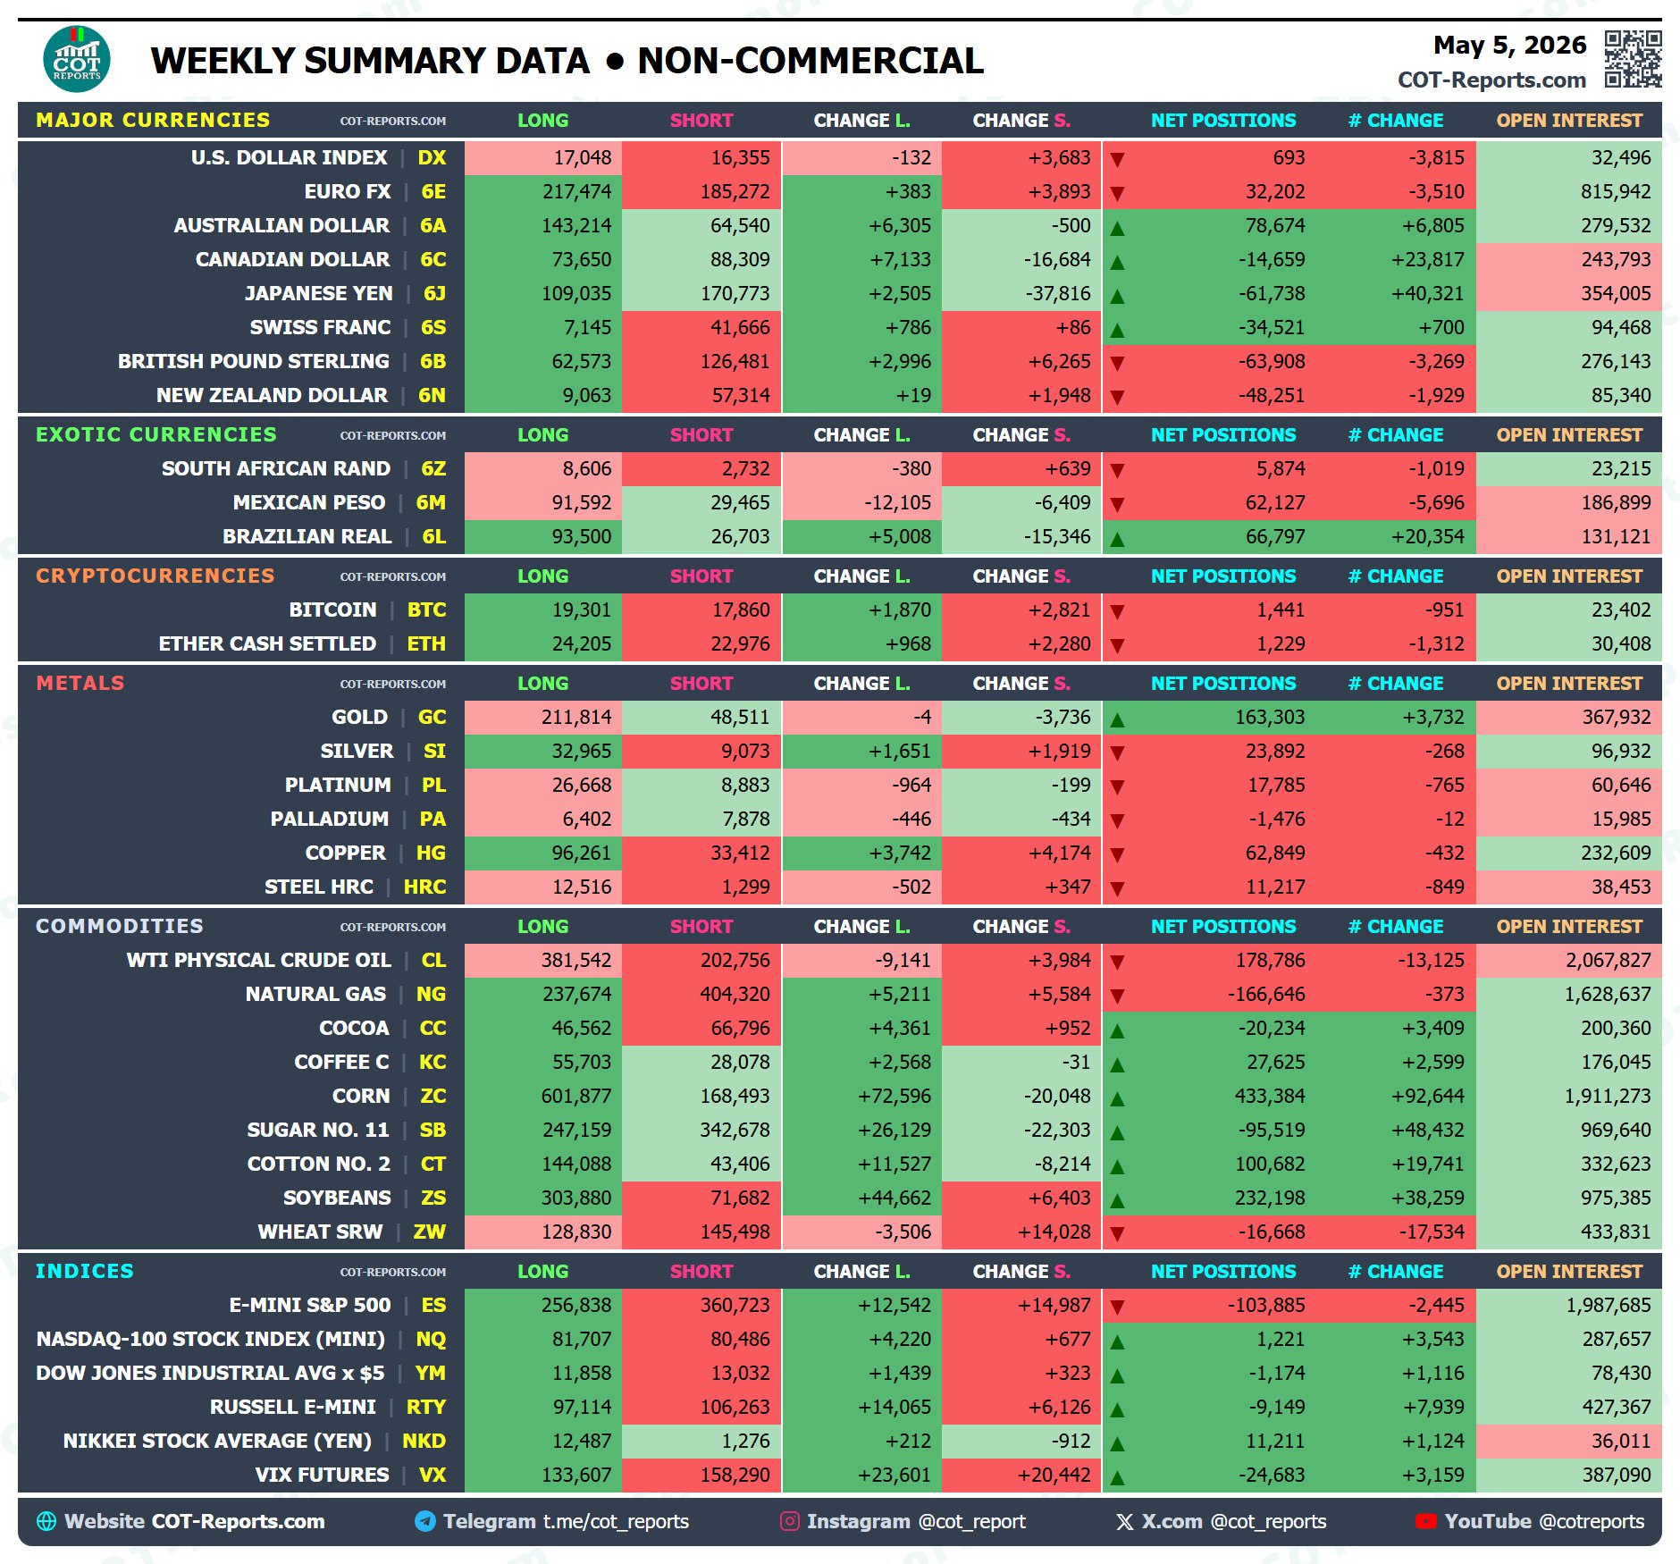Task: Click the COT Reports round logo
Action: pos(77,59)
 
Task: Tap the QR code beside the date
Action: pos(1633,59)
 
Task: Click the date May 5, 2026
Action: pos(1509,46)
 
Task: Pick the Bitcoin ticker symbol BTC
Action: pos(426,610)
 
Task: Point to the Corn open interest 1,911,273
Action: pos(1607,1096)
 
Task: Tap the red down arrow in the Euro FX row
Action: pos(1117,193)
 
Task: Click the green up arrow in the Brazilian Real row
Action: pos(1117,539)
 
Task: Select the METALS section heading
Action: pos(80,683)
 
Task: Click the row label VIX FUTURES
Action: pos(322,1475)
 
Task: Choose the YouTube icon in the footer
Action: pos(1425,1521)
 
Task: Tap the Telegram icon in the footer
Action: pos(425,1521)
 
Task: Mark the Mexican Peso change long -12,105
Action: pos(897,502)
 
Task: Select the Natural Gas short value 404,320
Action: pos(735,994)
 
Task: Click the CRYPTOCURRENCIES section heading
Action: pos(155,576)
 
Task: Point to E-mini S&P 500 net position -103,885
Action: pos(1265,1305)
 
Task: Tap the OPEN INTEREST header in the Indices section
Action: pos(1569,1271)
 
